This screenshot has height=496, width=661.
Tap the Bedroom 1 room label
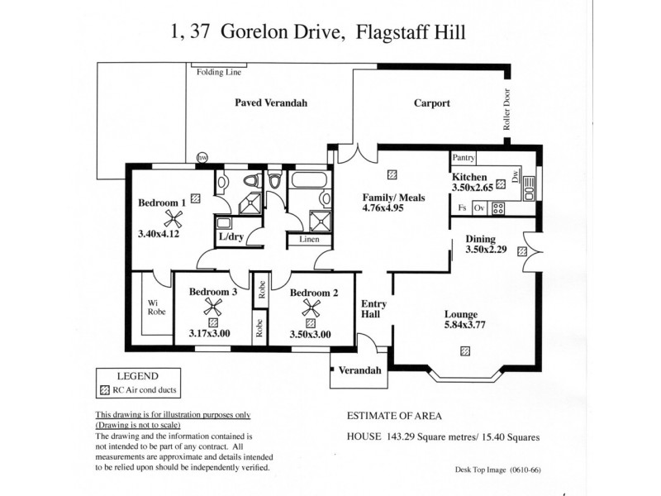162,203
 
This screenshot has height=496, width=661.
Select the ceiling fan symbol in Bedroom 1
173,218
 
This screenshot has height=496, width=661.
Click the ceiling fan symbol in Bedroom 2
310,309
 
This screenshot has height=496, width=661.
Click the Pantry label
464,157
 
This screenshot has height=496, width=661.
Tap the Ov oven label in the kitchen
478,207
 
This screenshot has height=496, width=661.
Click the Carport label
431,103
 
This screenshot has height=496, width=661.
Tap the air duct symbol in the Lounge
465,351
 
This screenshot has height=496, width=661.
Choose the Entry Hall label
373,310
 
